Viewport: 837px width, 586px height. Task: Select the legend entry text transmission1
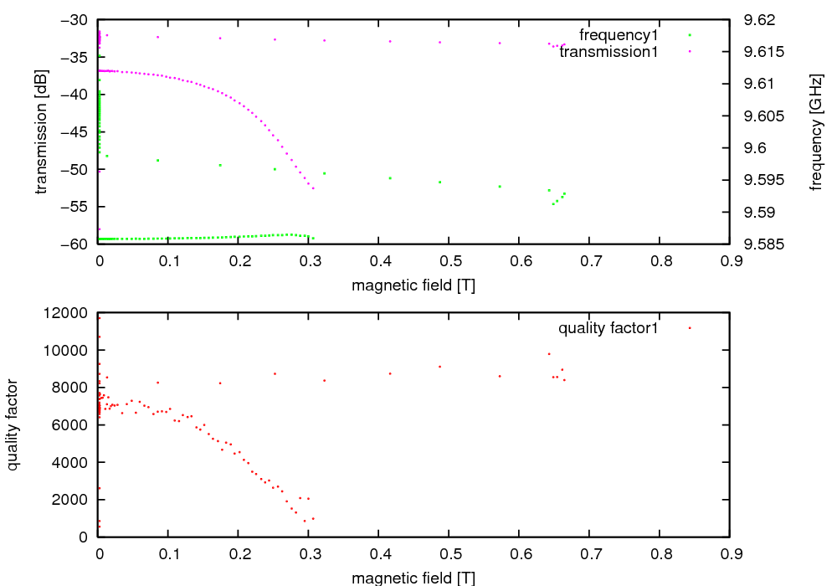608,52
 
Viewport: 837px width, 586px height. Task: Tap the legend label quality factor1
608,328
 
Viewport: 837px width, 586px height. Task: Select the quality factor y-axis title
13,424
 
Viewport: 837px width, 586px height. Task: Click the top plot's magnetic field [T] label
413,285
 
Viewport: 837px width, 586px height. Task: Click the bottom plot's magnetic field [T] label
413,578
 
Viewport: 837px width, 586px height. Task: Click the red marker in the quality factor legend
690,328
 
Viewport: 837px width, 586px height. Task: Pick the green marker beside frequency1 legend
690,35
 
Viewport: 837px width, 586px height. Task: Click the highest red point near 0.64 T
549,353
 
